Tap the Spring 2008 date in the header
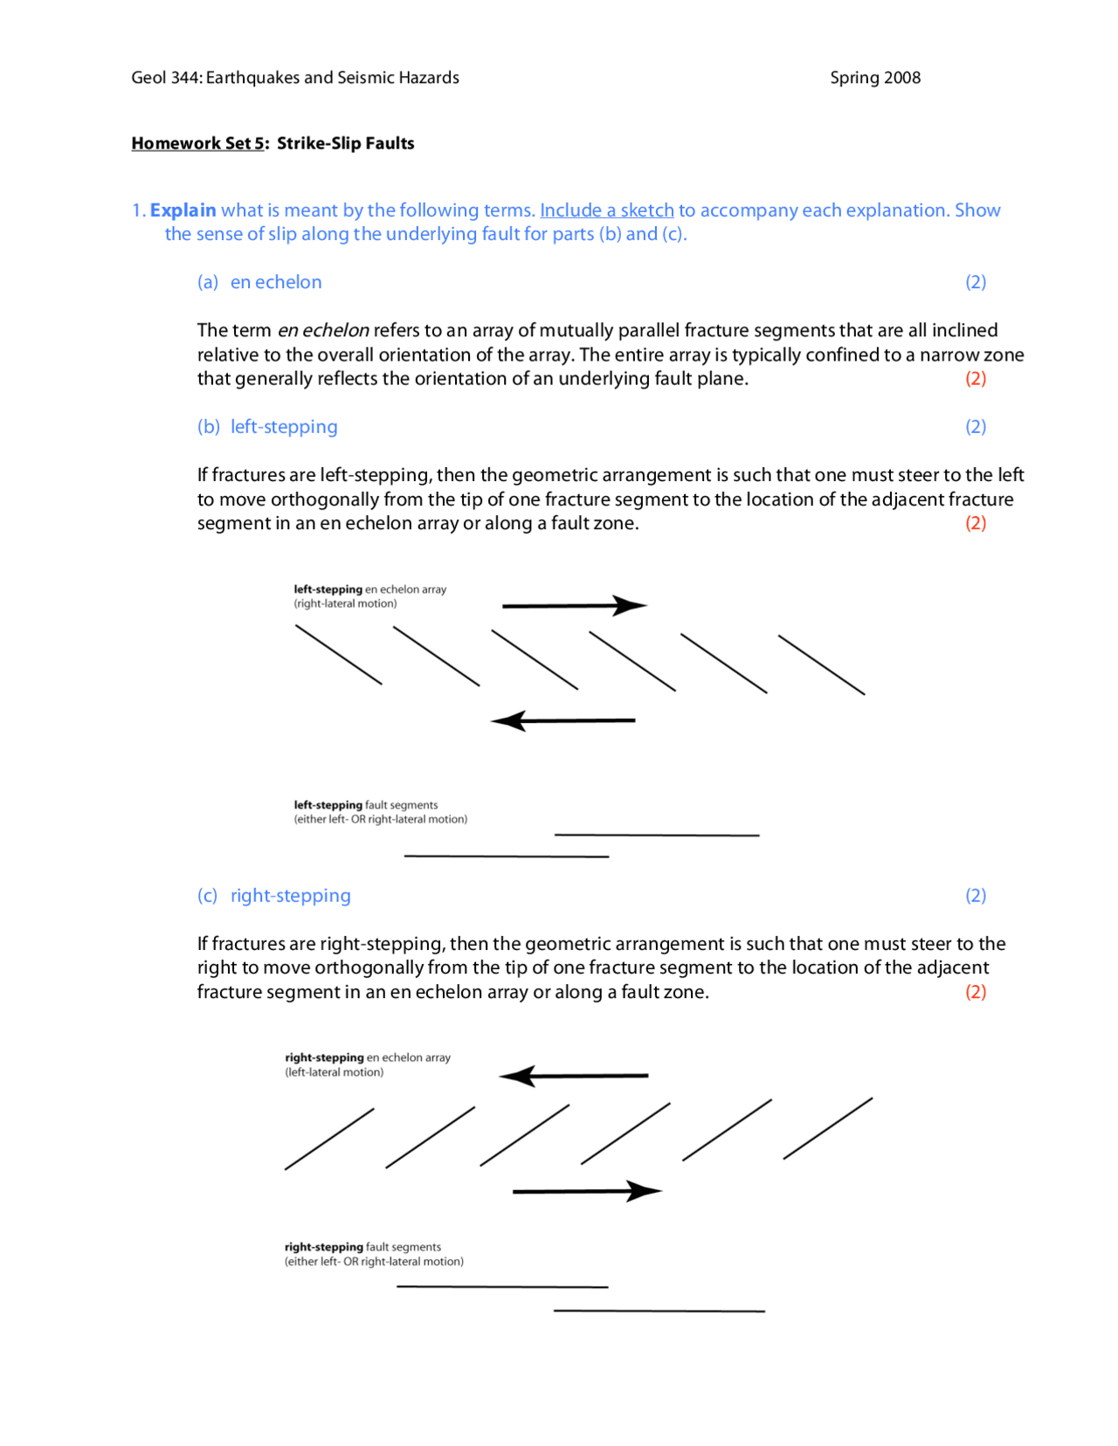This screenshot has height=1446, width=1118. click(x=874, y=78)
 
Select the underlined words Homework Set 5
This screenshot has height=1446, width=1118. click(x=197, y=143)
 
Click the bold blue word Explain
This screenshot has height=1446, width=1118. click(x=183, y=210)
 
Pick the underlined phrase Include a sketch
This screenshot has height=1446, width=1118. click(x=606, y=210)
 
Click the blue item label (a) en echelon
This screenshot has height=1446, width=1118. click(x=259, y=282)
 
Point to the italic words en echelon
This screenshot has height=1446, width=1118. click(x=322, y=330)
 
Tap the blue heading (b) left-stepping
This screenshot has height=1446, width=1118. click(x=267, y=427)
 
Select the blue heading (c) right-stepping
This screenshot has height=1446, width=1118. click(x=273, y=896)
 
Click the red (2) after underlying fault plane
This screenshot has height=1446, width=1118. click(x=975, y=379)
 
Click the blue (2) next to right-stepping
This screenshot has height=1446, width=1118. click(x=975, y=896)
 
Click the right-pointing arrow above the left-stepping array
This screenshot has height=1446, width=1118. click(x=574, y=605)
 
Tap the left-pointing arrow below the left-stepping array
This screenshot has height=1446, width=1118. click(x=563, y=721)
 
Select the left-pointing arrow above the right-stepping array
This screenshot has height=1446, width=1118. click(x=574, y=1076)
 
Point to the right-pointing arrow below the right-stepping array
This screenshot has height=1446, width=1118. click(x=586, y=1191)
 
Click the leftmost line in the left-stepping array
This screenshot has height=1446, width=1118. click(x=338, y=655)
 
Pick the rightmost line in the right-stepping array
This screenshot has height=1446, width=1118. click(x=827, y=1128)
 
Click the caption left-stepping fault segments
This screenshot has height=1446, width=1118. click(x=365, y=805)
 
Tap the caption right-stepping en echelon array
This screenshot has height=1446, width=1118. click(x=367, y=1057)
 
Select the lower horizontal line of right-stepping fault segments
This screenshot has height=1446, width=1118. click(x=659, y=1311)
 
